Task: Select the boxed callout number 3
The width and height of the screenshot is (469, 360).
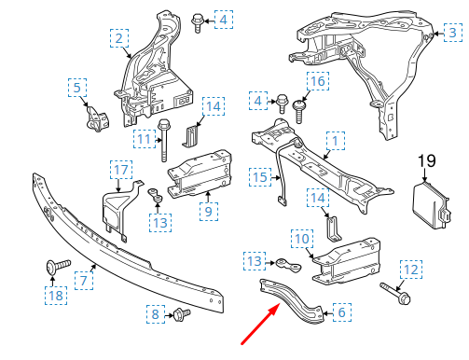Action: (x=451, y=34)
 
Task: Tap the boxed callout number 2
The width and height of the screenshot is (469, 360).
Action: (x=120, y=38)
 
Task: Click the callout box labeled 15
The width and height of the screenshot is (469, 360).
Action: (x=261, y=176)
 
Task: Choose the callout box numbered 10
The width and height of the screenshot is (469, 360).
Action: (x=301, y=239)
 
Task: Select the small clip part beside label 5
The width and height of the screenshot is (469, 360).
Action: (x=96, y=117)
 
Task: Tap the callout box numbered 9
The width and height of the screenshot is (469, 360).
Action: (x=208, y=211)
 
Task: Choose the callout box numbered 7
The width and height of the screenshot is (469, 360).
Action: (x=82, y=279)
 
